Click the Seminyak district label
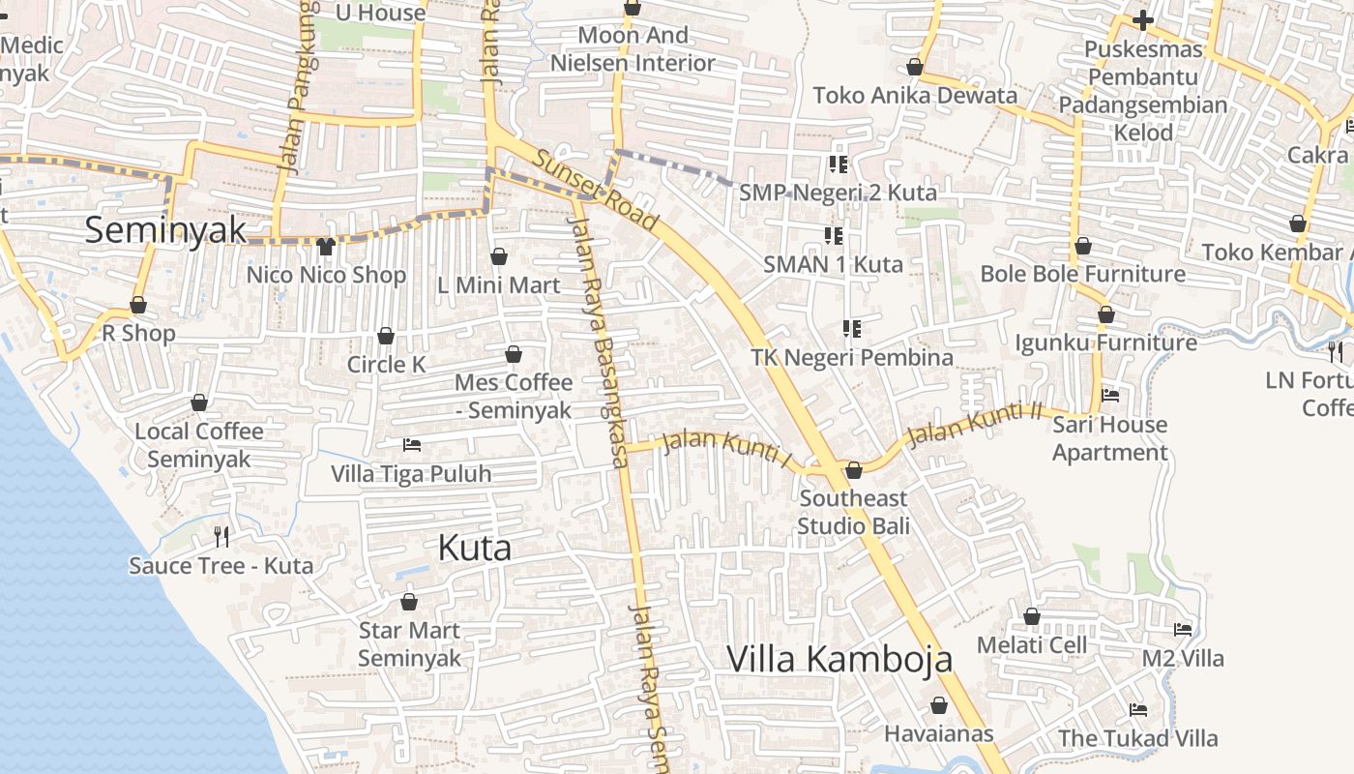coord(165,230)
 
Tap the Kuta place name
coord(474,548)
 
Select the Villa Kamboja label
coord(839,659)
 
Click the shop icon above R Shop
coord(138,306)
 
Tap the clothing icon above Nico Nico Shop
coord(325,247)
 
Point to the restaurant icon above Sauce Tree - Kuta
coord(221,536)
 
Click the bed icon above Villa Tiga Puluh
coord(411,445)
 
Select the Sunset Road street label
coord(597,192)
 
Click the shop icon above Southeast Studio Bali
coord(853,470)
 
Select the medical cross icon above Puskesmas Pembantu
coord(1143,19)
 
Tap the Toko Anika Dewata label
coord(915,95)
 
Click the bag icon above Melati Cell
coord(1032,616)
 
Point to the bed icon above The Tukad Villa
coord(1138,710)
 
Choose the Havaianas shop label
coord(938,733)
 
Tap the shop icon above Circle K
coord(386,336)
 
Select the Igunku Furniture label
coord(1105,342)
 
